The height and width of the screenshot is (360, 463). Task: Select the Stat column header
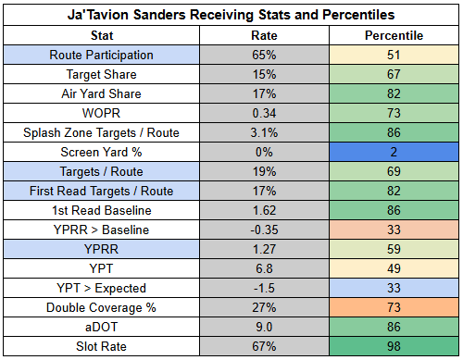102,35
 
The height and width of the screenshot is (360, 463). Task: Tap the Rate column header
264,35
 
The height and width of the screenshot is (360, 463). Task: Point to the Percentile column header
394,35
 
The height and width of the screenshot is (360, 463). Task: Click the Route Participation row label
101,55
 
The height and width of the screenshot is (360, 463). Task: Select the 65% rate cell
264,55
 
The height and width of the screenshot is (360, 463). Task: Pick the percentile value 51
394,55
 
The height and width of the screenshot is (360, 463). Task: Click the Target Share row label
101,74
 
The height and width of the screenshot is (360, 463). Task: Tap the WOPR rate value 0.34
264,113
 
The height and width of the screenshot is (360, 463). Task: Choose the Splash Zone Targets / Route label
101,132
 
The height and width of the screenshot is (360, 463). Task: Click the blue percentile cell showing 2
394,152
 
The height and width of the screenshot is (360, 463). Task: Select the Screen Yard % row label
101,152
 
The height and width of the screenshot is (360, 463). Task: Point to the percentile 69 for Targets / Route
394,171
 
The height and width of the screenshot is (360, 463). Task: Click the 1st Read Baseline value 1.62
264,210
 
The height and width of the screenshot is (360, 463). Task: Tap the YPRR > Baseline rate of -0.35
264,230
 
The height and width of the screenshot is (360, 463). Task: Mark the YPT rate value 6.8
264,268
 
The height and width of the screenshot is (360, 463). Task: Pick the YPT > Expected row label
101,288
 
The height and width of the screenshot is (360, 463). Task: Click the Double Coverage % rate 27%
264,307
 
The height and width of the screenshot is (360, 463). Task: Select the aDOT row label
101,327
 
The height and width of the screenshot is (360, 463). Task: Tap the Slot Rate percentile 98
394,346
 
